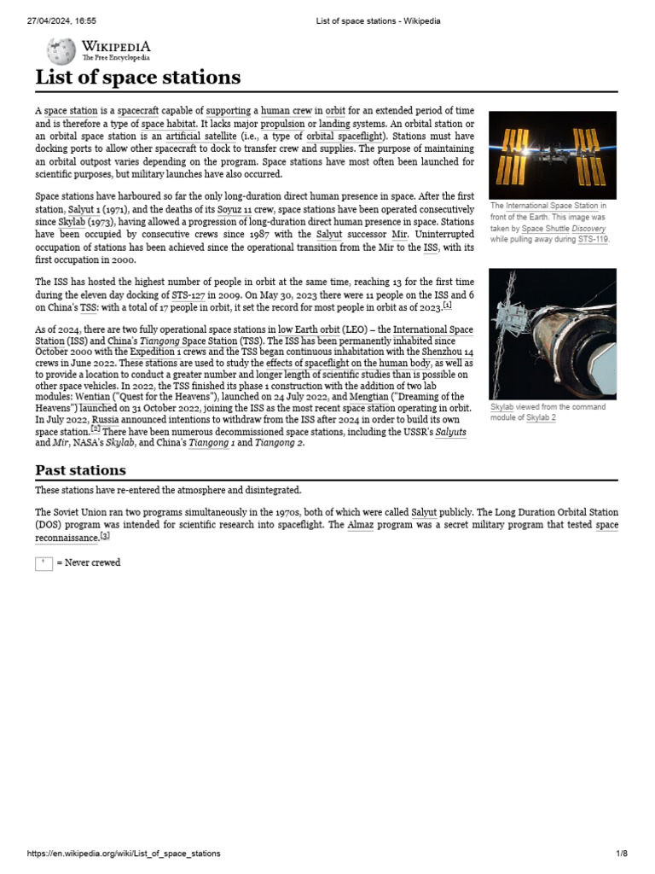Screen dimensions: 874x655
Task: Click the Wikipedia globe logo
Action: tap(61, 51)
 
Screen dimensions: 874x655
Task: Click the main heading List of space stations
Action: tap(137, 78)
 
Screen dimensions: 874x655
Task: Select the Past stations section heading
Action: tap(80, 470)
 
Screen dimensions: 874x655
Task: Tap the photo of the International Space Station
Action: tap(552, 154)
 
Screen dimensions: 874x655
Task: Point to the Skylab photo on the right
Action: tap(552, 334)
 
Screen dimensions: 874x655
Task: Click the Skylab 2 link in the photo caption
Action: tap(541, 418)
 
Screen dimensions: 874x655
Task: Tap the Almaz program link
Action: tap(360, 525)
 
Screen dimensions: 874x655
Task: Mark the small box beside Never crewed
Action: tap(43, 562)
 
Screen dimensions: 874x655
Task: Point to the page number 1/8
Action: tap(622, 854)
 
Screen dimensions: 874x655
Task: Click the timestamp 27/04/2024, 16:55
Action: tap(62, 20)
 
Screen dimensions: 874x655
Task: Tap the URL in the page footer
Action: tap(124, 854)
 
